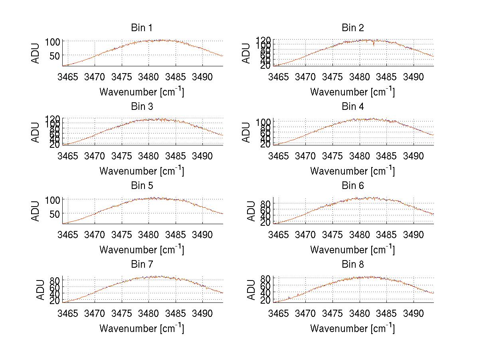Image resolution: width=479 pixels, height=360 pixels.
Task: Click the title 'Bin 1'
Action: [x=142, y=28]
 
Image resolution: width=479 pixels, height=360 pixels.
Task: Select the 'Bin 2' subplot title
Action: [x=352, y=28]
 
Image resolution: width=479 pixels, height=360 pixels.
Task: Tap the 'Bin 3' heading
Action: [x=142, y=107]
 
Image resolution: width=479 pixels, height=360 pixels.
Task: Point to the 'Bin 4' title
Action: [x=352, y=107]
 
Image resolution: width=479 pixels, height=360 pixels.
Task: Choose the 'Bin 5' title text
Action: [x=142, y=186]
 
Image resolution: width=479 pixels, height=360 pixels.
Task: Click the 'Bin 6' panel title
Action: [x=352, y=186]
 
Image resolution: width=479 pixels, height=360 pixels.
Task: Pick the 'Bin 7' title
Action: [x=142, y=265]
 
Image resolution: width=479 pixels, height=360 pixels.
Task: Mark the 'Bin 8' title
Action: [x=352, y=265]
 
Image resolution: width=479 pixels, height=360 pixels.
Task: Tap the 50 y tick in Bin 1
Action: [x=55, y=56]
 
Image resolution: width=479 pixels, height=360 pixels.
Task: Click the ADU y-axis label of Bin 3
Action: [x=36, y=132]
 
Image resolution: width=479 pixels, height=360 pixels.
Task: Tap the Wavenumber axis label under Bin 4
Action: [x=352, y=171]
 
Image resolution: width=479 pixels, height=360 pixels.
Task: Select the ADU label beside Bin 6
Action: [x=251, y=211]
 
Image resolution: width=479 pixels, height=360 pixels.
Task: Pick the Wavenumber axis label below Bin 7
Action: [x=142, y=328]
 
